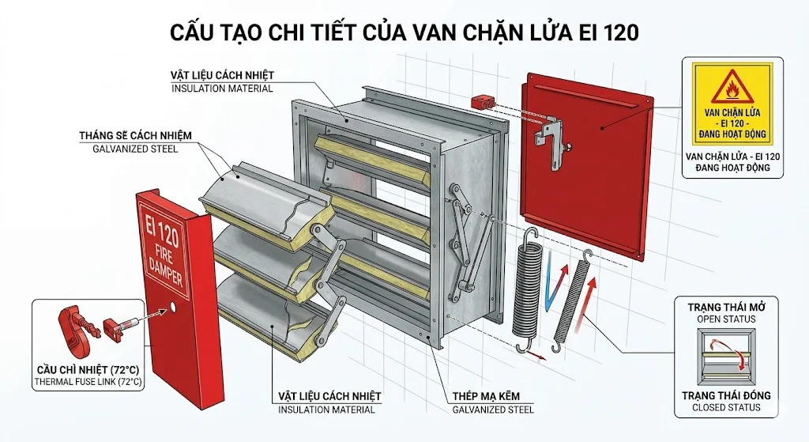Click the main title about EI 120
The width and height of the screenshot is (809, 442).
(x=404, y=32)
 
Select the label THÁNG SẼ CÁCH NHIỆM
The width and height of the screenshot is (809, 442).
(x=135, y=135)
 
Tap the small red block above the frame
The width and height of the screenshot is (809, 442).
(x=481, y=104)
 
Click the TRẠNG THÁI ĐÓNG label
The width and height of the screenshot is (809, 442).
(x=726, y=395)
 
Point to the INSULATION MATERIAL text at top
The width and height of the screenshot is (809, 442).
(x=222, y=89)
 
